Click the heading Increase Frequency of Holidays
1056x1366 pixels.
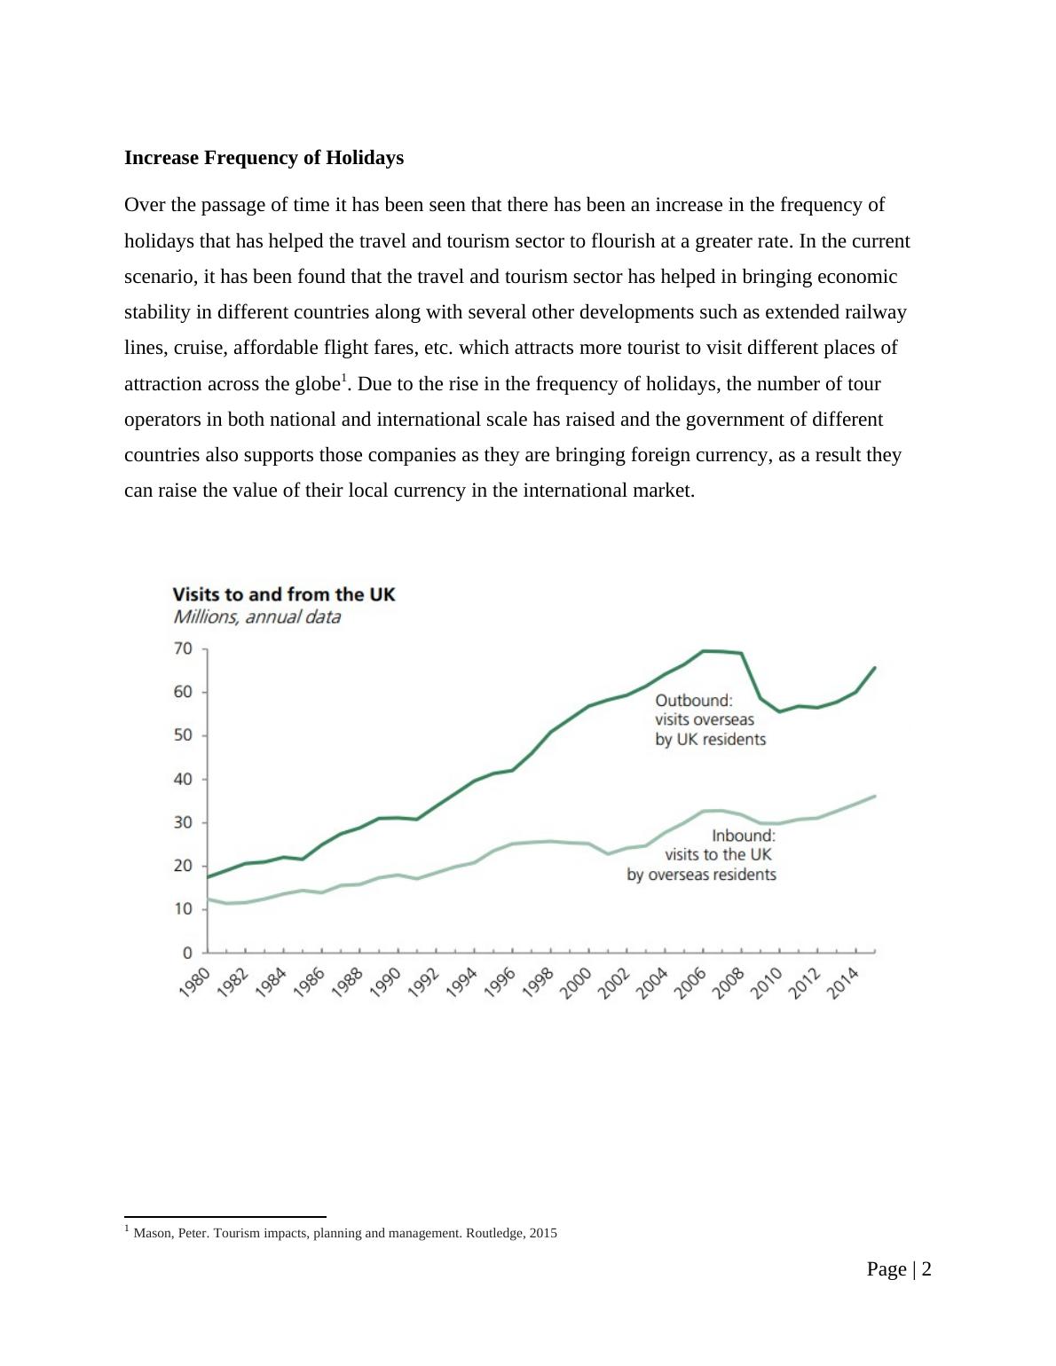tap(264, 158)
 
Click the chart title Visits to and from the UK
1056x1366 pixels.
tap(283, 594)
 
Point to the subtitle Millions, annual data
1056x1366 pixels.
tap(256, 617)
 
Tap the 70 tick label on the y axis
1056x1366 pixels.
tap(183, 649)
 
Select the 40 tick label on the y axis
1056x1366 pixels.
tap(183, 780)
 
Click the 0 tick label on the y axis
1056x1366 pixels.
tap(187, 954)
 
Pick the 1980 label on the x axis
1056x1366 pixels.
tap(194, 983)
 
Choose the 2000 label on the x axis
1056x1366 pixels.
tap(576, 983)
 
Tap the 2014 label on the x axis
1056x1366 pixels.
tap(843, 983)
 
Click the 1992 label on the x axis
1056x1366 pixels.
tap(423, 983)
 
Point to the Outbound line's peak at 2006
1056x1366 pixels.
tap(704, 651)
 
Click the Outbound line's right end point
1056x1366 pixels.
tap(875, 667)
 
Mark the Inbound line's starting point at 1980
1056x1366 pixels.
tap(208, 899)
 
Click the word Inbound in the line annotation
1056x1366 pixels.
tap(743, 836)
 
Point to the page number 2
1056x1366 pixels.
tap(926, 1269)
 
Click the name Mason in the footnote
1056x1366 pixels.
tap(153, 1233)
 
